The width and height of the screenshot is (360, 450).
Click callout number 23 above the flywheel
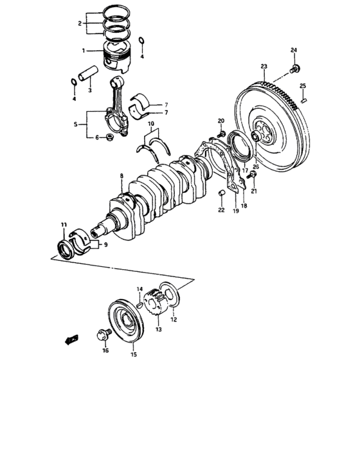(x=264, y=66)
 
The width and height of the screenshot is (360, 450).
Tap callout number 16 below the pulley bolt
(x=105, y=350)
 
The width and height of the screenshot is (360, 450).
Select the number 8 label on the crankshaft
(x=120, y=175)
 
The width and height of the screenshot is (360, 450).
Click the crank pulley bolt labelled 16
(x=102, y=335)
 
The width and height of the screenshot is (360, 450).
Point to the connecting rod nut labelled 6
(x=111, y=137)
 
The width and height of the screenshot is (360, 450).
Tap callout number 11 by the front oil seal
(x=64, y=224)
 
